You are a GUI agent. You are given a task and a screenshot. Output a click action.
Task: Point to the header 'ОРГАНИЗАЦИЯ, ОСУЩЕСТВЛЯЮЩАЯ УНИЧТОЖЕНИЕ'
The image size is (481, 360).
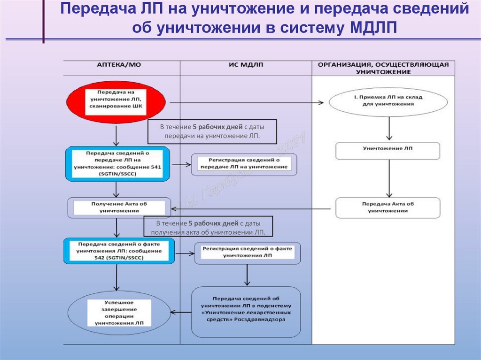pos(383,68)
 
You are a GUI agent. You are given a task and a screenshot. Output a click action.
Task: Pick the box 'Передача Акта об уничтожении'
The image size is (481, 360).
pos(388,207)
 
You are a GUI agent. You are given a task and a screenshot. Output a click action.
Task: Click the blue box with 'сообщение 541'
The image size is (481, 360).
pos(116,164)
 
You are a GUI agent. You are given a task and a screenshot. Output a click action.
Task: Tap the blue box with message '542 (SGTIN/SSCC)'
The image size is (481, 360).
pos(119,251)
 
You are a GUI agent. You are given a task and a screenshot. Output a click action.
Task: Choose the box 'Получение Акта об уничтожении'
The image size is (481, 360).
pos(116,208)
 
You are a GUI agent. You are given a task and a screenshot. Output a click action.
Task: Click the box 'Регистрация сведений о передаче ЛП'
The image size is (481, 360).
pos(244,164)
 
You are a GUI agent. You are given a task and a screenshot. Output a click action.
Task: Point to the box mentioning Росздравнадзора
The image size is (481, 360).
pos(246,312)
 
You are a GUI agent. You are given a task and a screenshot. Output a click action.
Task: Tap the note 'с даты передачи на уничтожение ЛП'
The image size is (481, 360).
pos(212,131)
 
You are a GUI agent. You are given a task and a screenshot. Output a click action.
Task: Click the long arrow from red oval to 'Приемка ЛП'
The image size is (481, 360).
pos(247,102)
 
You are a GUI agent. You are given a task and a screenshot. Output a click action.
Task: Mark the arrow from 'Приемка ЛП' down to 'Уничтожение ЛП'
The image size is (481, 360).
pos(388,128)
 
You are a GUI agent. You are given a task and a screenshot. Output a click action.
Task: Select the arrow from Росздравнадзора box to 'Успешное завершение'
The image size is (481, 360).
pos(180,312)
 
